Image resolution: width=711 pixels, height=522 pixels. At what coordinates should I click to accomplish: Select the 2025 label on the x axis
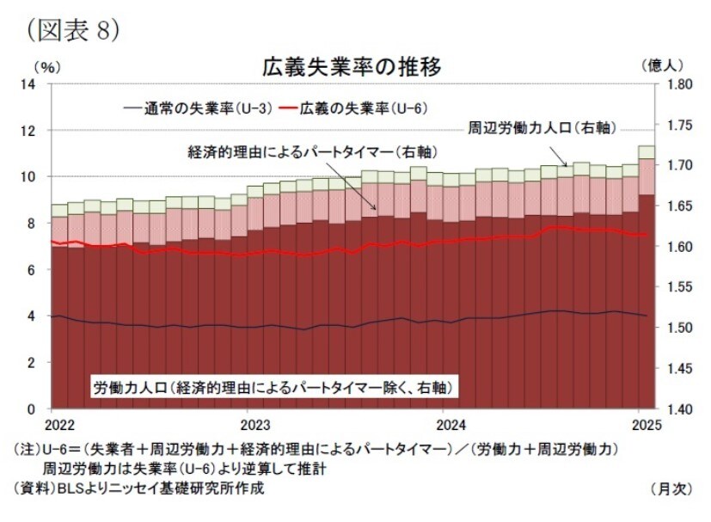click(x=644, y=425)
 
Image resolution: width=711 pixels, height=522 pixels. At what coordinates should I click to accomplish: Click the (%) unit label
click(x=46, y=65)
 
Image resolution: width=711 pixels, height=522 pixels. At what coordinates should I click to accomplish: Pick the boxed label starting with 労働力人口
click(x=273, y=387)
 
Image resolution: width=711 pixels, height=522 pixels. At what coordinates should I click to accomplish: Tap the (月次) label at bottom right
click(x=671, y=488)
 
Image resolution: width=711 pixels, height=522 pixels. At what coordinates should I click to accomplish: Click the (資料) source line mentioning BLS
click(x=138, y=488)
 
